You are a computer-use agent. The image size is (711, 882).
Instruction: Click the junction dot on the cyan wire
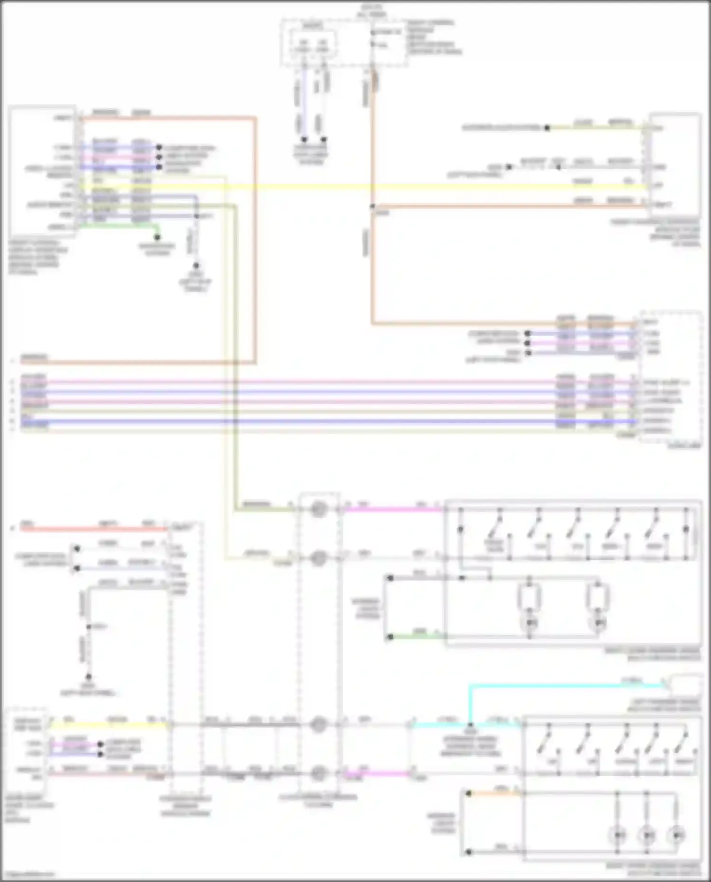[470, 725]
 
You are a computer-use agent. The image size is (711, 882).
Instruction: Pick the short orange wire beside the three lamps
[493, 793]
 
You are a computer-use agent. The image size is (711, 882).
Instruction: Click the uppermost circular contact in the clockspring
[319, 510]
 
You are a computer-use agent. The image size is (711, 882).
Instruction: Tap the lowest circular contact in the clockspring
[319, 773]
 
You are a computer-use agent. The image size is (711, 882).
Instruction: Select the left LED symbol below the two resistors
[530, 622]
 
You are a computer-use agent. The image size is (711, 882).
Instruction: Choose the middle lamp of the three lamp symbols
[647, 834]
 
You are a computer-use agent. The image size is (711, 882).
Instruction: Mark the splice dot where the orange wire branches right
[372, 207]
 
